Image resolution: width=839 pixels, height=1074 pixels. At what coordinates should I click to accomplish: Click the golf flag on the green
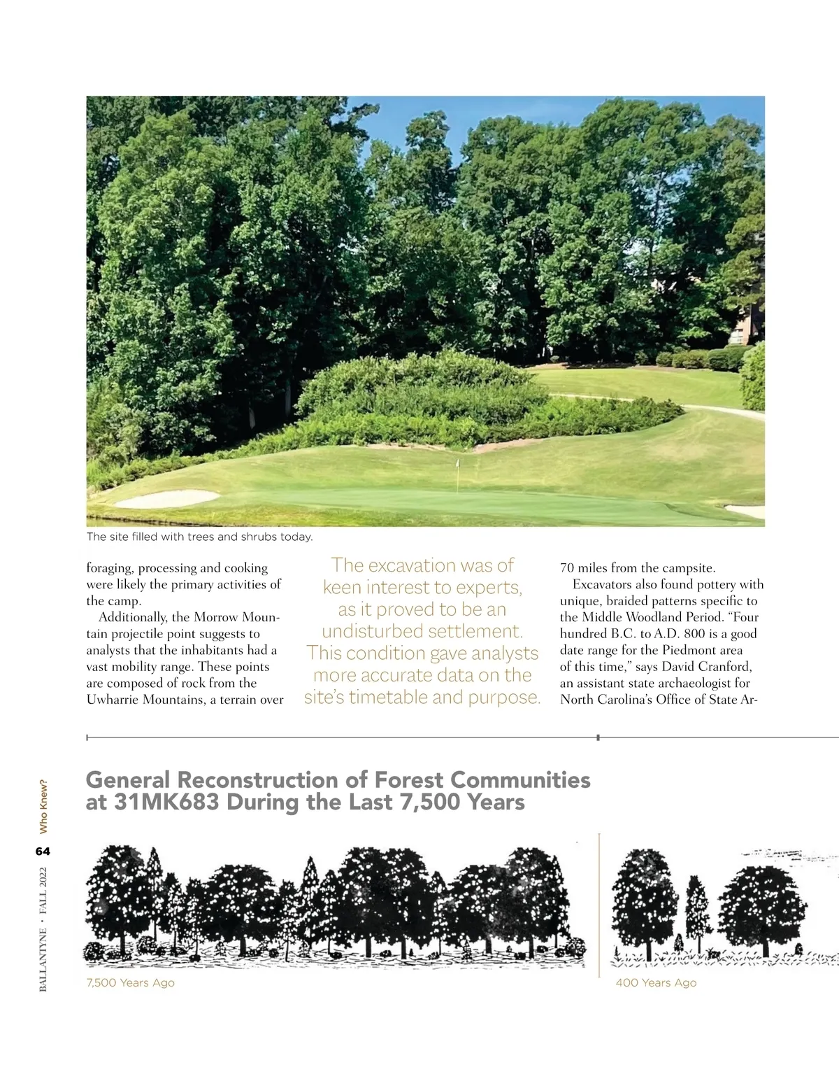(x=457, y=465)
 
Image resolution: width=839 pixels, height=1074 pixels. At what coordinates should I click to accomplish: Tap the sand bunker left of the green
(x=168, y=498)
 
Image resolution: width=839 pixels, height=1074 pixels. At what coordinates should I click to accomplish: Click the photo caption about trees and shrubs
(x=199, y=537)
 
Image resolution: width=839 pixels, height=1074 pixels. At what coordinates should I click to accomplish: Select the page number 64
(x=43, y=852)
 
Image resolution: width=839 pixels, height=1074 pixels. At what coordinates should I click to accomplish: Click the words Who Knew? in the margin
(x=43, y=806)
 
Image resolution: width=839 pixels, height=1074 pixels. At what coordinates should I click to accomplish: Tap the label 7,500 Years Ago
(x=130, y=982)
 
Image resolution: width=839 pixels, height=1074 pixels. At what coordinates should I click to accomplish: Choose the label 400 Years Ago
(x=656, y=982)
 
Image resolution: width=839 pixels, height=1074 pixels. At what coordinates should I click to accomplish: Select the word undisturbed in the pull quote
(x=372, y=631)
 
